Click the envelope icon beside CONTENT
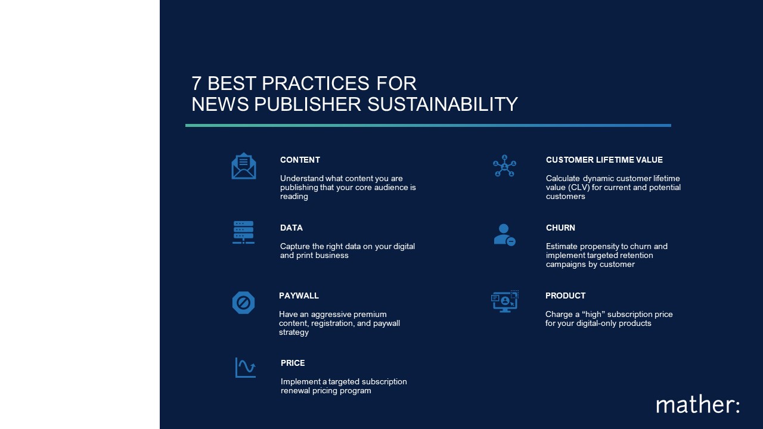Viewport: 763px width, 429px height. (x=244, y=166)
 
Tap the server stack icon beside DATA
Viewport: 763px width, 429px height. (x=243, y=232)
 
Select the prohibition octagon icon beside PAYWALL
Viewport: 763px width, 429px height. (x=243, y=303)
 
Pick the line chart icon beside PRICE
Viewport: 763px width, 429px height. (x=245, y=368)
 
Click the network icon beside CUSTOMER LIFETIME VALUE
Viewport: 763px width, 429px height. (x=504, y=166)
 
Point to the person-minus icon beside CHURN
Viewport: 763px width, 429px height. (x=504, y=235)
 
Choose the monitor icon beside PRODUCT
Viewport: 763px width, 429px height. (x=505, y=301)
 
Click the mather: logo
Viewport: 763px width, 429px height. (x=697, y=405)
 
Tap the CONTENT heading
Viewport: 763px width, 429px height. (x=300, y=160)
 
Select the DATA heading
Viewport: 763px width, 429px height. (x=291, y=228)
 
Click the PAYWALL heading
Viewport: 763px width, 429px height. (x=299, y=296)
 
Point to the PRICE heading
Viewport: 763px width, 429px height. (x=293, y=363)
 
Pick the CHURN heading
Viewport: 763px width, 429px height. (x=560, y=228)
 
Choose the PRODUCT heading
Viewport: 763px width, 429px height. (x=566, y=296)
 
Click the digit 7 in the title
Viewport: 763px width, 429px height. (x=196, y=83)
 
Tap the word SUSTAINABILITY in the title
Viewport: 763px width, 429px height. (x=442, y=104)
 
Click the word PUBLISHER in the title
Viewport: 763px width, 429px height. (x=307, y=104)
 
